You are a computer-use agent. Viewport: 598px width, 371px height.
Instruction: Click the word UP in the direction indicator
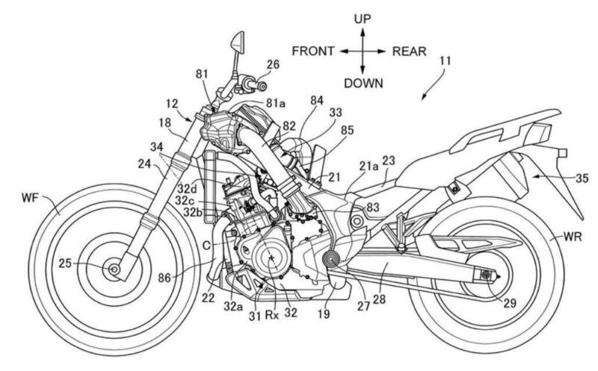tap(362, 16)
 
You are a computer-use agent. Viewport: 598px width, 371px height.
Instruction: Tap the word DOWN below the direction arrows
tap(363, 84)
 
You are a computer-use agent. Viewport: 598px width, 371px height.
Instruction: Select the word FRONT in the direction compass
tap(313, 52)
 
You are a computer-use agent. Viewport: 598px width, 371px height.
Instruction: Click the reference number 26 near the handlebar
tap(272, 65)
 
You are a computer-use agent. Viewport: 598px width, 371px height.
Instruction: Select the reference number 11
tap(445, 75)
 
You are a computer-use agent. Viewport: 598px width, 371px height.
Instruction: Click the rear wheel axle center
tap(487, 276)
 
